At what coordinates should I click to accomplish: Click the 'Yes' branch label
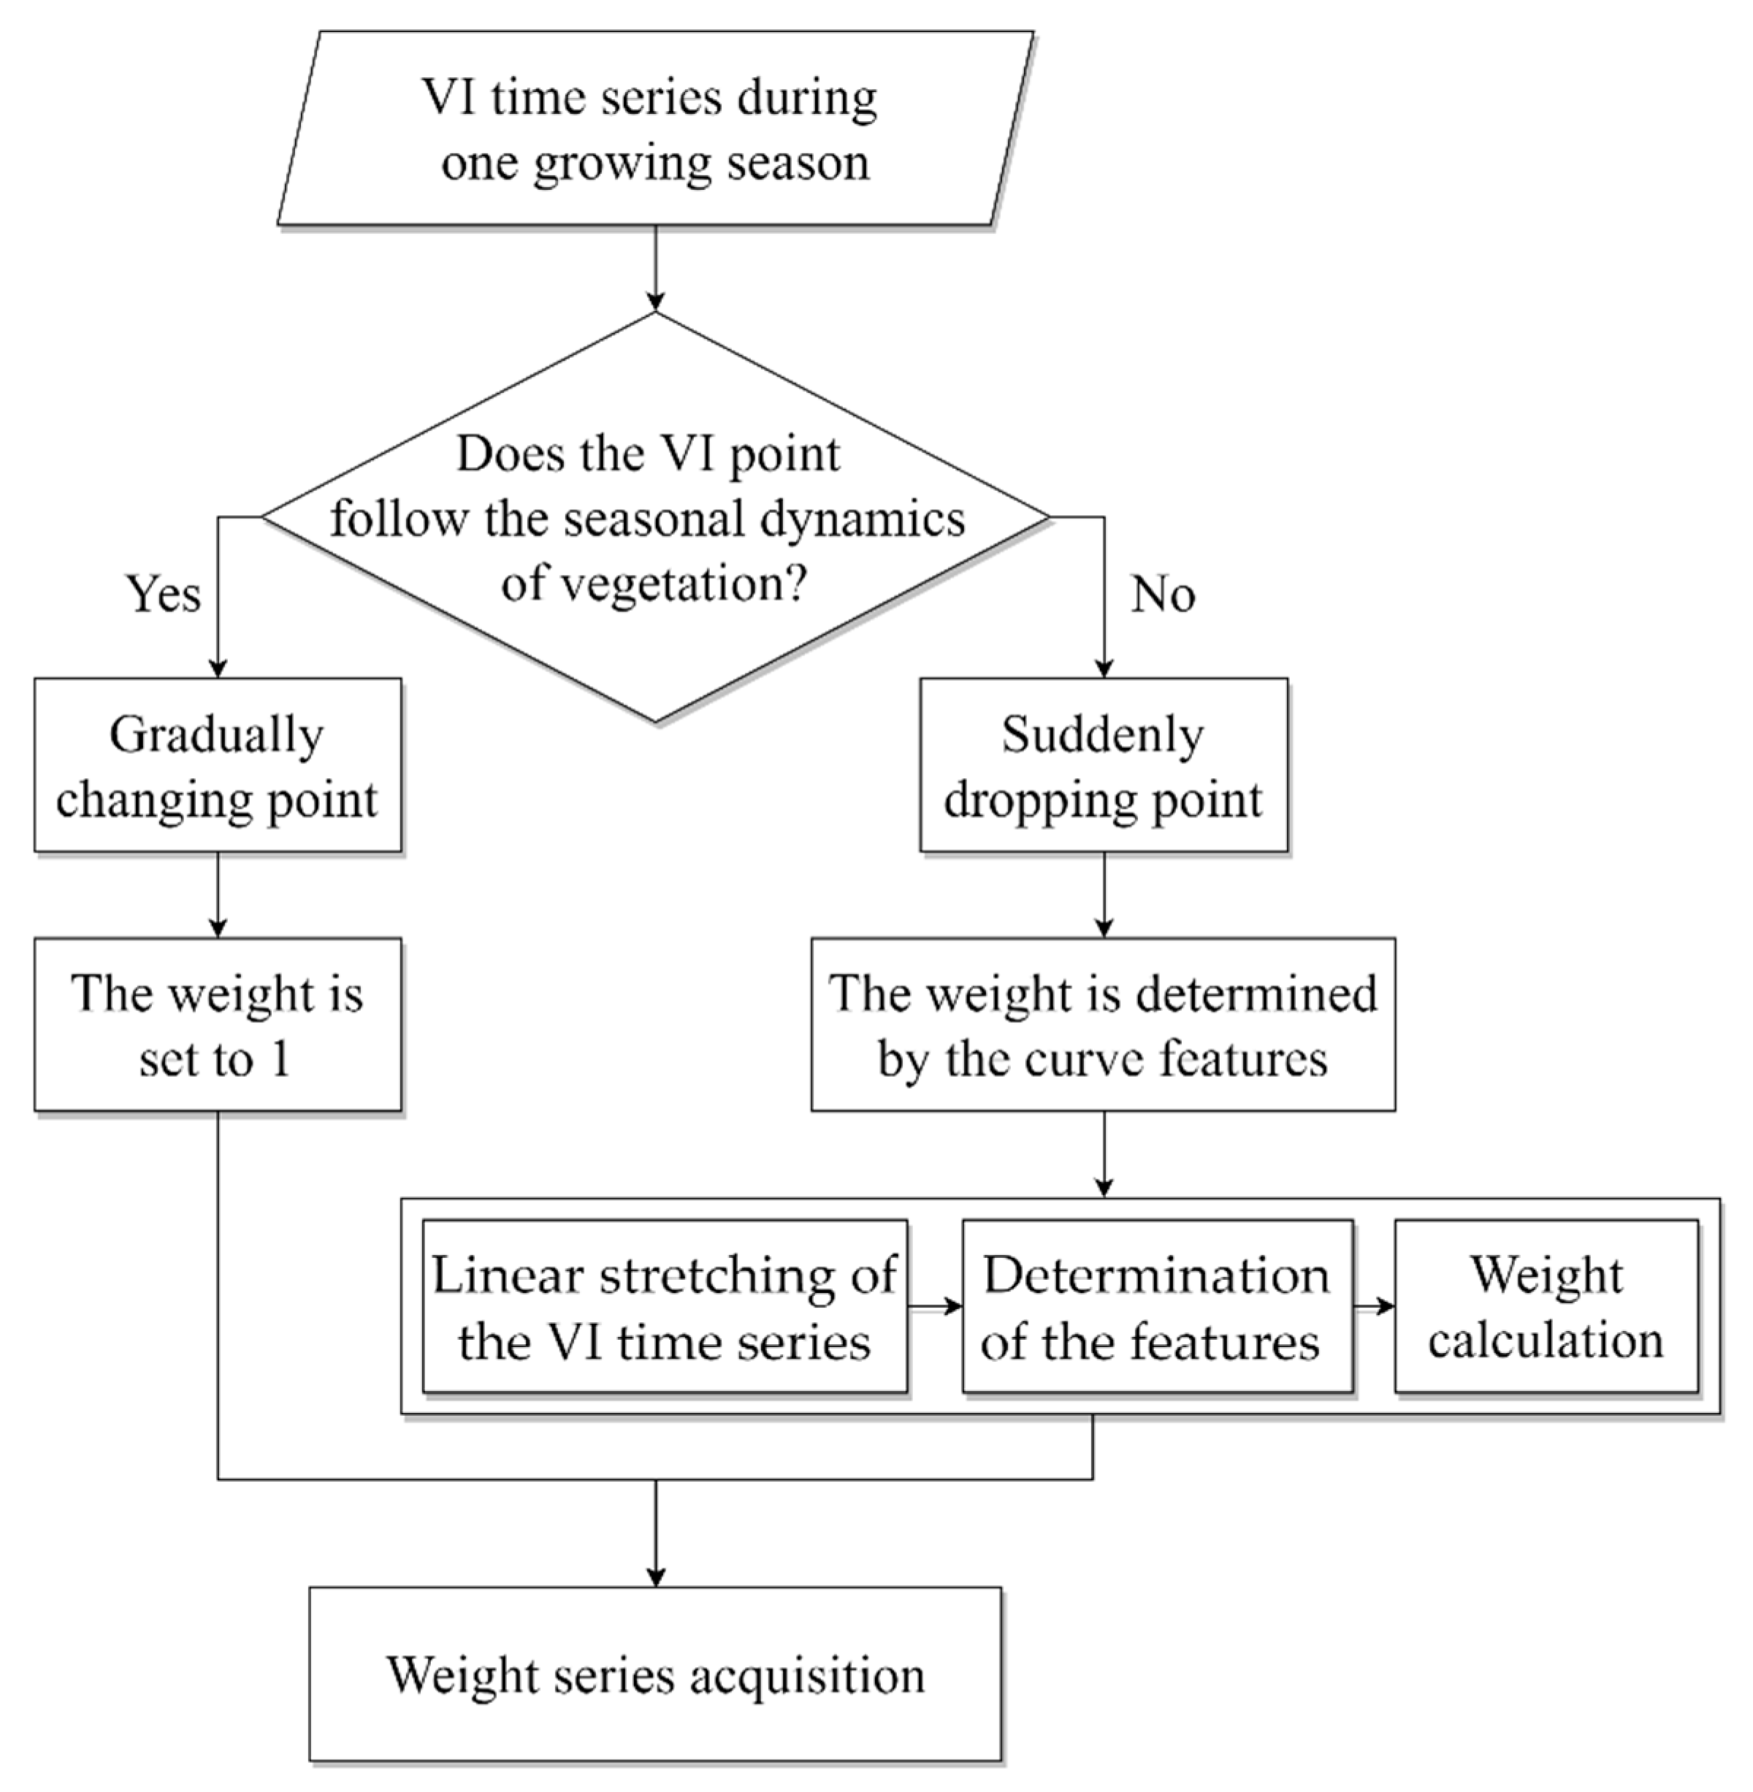(x=163, y=594)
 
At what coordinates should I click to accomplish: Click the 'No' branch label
(x=1163, y=594)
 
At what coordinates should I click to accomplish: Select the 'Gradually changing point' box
(x=217, y=766)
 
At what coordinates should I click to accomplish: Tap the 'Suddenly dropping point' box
(x=1103, y=766)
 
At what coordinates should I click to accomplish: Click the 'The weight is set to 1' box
(x=217, y=1025)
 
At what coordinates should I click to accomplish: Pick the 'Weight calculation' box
(x=1546, y=1307)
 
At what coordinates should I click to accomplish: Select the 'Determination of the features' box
(x=1156, y=1307)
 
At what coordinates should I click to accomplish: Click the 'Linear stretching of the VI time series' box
(x=664, y=1307)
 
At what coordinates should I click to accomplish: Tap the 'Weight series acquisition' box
(x=654, y=1674)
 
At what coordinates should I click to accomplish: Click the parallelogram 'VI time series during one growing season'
(x=654, y=128)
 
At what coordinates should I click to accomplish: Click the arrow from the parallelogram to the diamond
(x=654, y=268)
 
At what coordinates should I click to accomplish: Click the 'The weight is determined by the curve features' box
(x=1103, y=1025)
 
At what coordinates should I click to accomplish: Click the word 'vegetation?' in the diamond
(x=654, y=583)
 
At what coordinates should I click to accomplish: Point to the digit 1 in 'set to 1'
(x=280, y=1059)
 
